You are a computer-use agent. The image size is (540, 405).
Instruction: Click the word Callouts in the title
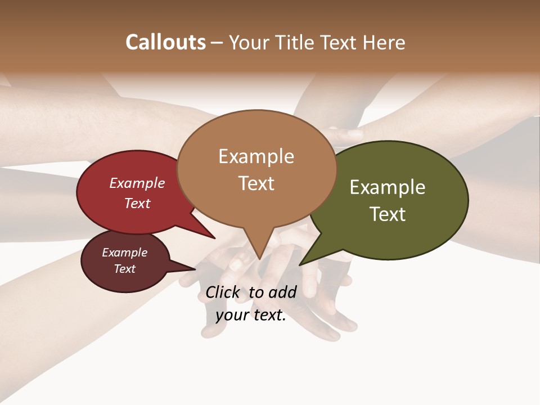165,42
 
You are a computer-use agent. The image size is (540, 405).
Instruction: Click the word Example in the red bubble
137,183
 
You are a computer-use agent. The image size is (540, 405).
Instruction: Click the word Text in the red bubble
137,203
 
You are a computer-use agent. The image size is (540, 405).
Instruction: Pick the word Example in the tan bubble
256,156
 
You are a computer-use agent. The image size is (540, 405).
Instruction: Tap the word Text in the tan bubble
256,183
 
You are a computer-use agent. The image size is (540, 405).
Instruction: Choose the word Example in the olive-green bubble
388,187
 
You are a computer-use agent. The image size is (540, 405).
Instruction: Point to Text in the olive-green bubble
388,214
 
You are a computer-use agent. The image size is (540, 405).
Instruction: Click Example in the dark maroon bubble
125,253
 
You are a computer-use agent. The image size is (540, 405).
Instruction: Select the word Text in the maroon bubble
125,269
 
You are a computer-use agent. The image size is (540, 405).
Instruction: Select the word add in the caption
282,292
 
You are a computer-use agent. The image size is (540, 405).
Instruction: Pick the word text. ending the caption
267,315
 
